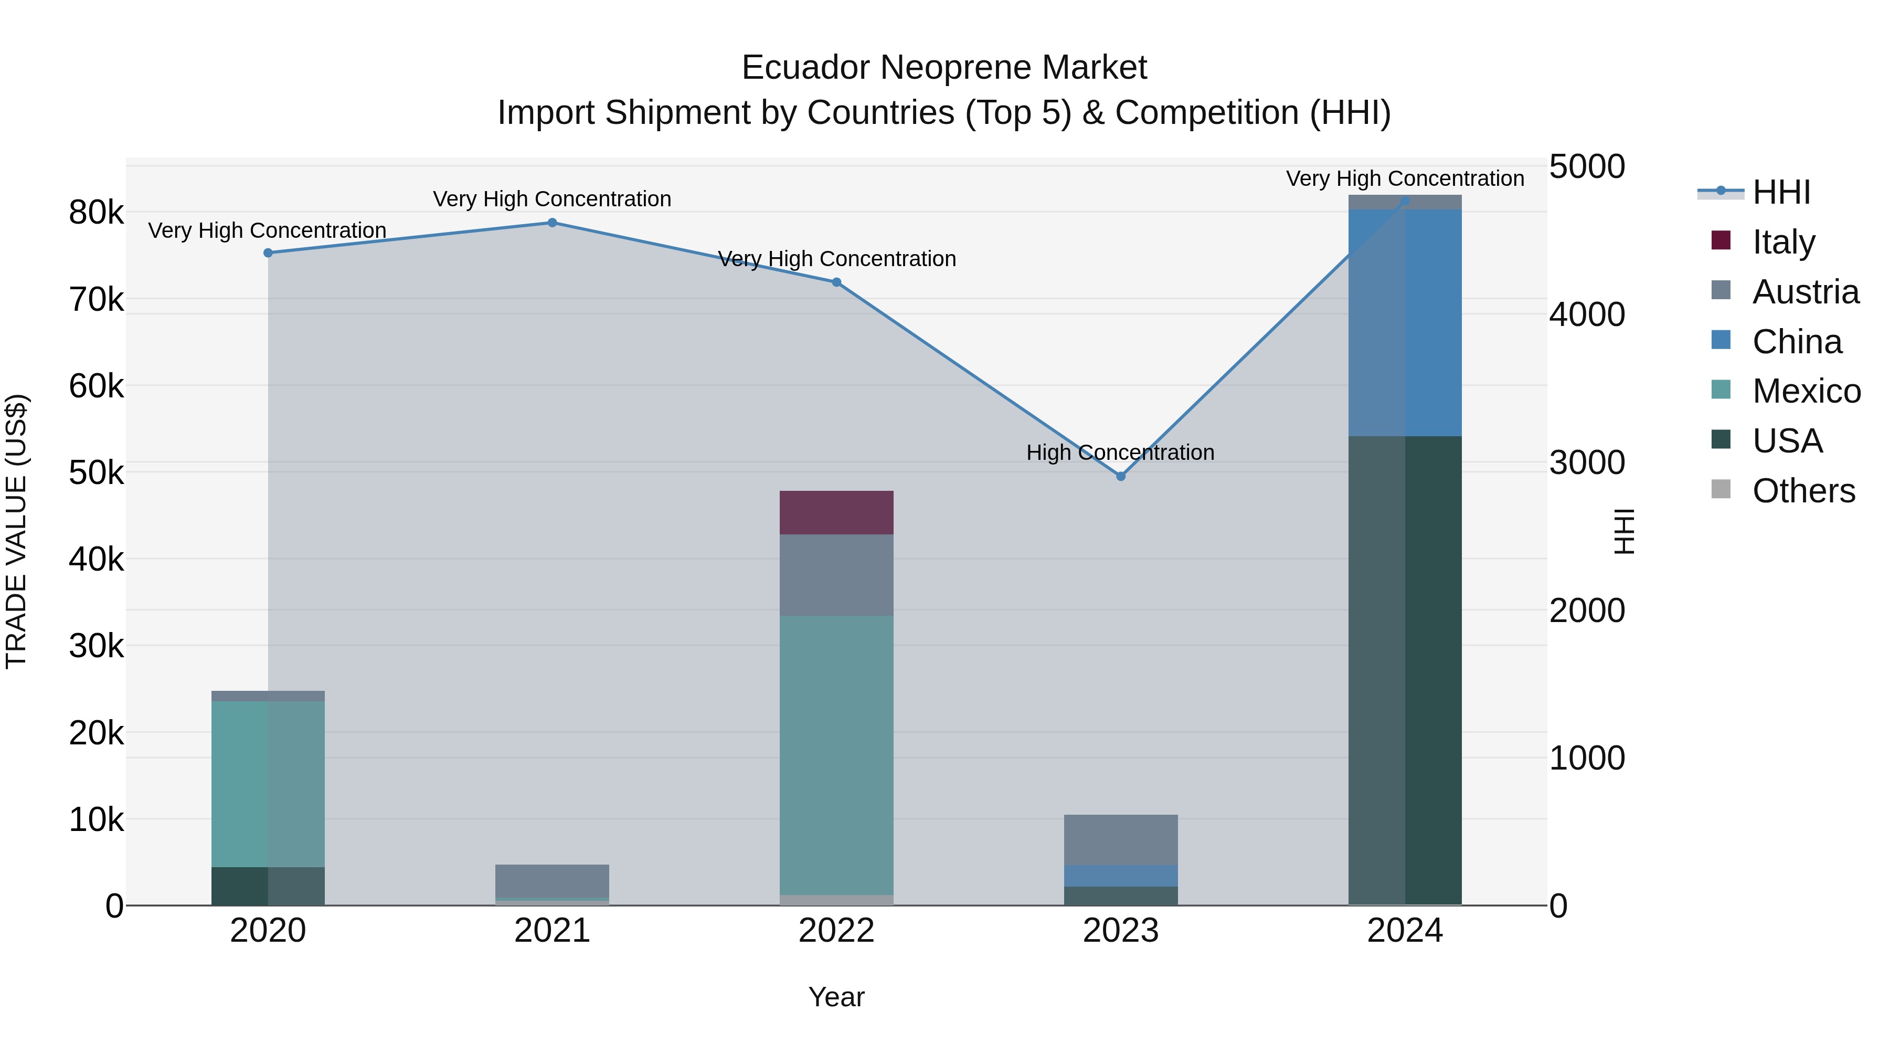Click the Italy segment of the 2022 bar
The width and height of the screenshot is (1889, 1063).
click(x=836, y=512)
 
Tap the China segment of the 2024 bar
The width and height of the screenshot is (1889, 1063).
click(x=1404, y=322)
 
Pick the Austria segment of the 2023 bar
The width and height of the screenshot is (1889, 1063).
click(x=1120, y=839)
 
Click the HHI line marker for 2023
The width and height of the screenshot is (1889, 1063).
click(x=1120, y=476)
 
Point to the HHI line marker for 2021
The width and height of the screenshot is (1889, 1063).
click(x=552, y=222)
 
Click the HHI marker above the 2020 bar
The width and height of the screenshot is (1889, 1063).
click(x=268, y=252)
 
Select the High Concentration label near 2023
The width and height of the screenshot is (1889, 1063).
click(x=1120, y=452)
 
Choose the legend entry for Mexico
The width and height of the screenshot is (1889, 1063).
click(x=1806, y=391)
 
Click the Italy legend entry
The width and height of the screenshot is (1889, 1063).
click(x=1784, y=241)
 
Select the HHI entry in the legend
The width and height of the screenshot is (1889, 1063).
click(x=1780, y=192)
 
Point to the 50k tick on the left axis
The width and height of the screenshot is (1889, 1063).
click(x=96, y=473)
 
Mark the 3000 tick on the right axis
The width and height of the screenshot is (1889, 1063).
click(x=1587, y=463)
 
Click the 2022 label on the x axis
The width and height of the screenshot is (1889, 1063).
click(x=836, y=931)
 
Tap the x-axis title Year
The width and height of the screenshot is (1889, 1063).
click(x=836, y=997)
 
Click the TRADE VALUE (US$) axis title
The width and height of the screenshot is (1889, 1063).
click(x=16, y=531)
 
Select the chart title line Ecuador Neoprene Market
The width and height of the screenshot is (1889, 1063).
click(x=944, y=68)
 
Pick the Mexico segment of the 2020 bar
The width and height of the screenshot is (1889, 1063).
click(x=268, y=784)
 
